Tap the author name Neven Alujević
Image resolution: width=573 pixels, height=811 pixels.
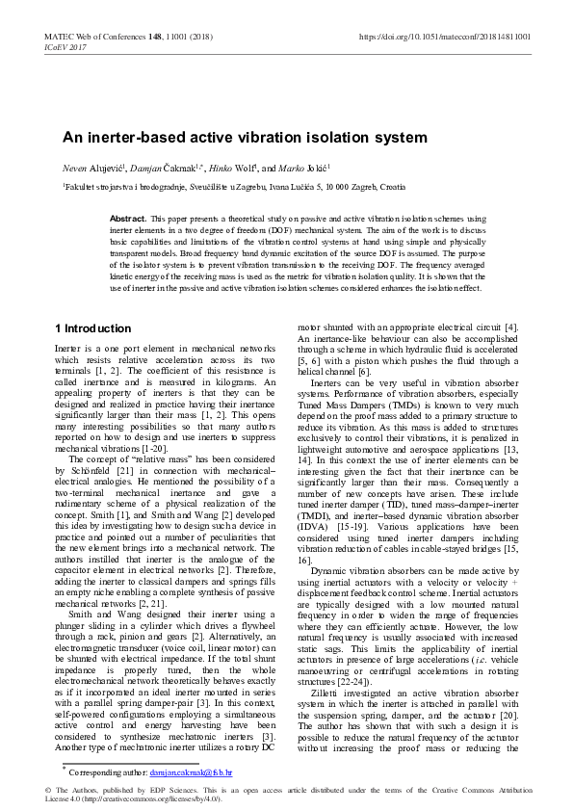pos(91,170)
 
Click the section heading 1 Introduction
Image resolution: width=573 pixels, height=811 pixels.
pos(92,328)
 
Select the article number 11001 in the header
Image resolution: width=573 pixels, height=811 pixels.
pos(176,37)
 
